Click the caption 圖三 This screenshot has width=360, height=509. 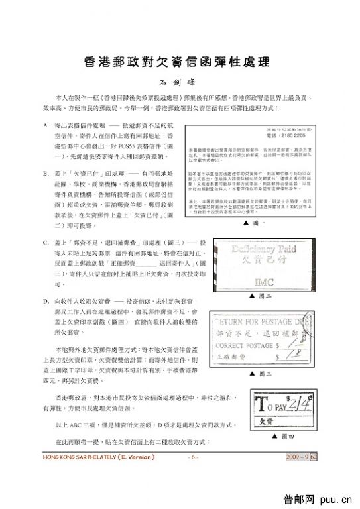[x=264, y=374]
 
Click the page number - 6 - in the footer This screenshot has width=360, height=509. [x=192, y=457]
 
